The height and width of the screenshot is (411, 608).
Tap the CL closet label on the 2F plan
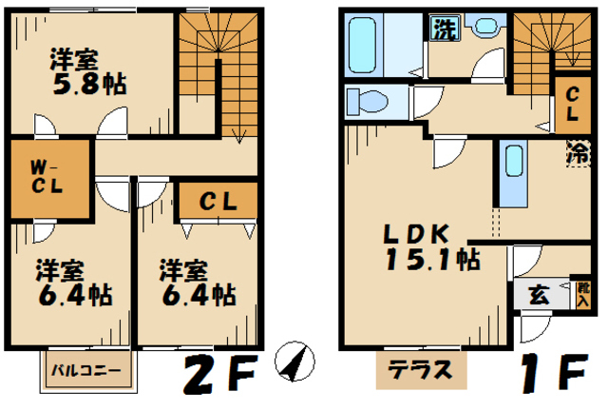pyautogui.click(x=218, y=203)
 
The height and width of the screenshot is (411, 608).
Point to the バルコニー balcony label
pyautogui.click(x=85, y=371)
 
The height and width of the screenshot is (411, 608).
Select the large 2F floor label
pyautogui.click(x=221, y=372)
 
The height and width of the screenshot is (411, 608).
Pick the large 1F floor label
pyautogui.click(x=555, y=372)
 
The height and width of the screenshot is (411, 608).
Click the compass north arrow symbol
pyautogui.click(x=294, y=360)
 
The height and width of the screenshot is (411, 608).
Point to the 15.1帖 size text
pyautogui.click(x=432, y=259)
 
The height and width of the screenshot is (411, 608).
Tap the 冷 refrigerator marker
pyautogui.click(x=577, y=151)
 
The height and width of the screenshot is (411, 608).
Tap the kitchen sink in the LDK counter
pyautogui.click(x=513, y=161)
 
